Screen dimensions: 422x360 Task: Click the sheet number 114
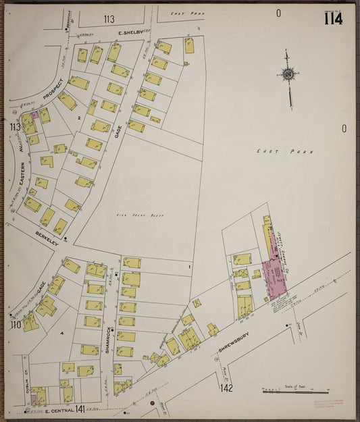(332, 18)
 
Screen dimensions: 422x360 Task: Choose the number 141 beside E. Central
(80, 408)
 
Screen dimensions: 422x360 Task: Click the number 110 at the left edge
(15, 325)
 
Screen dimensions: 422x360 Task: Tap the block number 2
(79, 118)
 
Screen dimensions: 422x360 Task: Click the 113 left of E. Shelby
(109, 19)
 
